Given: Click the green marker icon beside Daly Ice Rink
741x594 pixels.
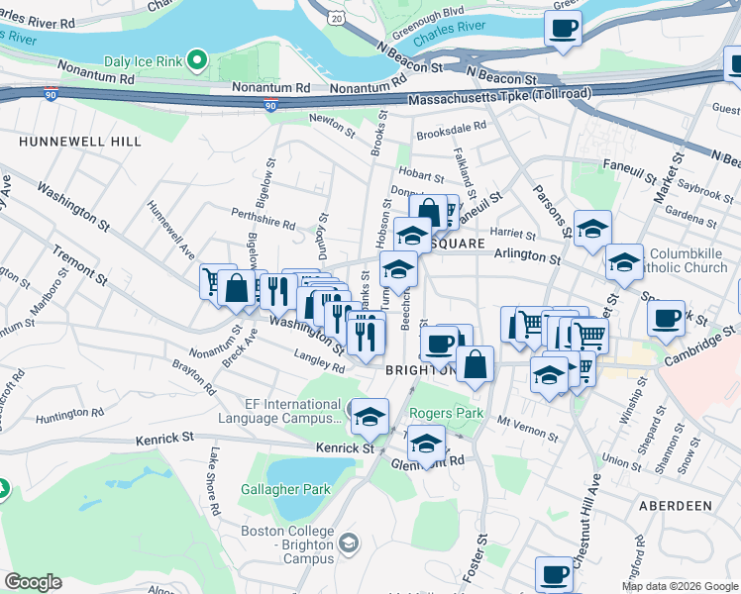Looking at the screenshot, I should [x=197, y=62].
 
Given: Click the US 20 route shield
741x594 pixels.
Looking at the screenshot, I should [x=339, y=19].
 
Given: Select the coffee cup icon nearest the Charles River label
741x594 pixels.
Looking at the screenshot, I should [x=564, y=30].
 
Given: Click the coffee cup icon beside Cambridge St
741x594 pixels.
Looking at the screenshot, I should [x=666, y=318].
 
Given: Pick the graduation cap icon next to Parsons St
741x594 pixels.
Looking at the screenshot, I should [x=592, y=228].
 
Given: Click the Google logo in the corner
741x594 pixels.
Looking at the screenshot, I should [x=33, y=581].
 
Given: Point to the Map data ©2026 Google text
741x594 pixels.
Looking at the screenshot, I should [x=679, y=586].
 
